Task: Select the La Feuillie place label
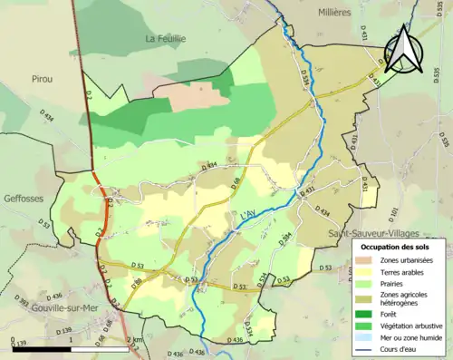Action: pyautogui.click(x=167, y=38)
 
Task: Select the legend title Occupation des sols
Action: pyautogui.click(x=395, y=247)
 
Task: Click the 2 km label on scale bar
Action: pyautogui.click(x=133, y=340)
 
